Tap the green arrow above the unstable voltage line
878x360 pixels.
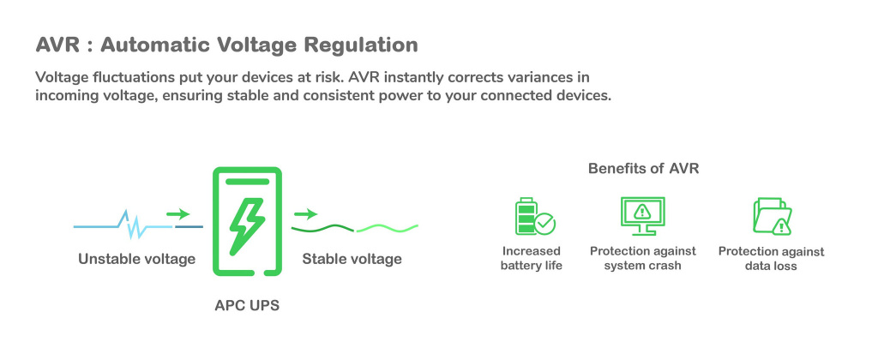click(178, 213)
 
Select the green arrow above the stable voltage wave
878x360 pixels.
click(305, 213)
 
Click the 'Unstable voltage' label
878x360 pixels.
click(137, 259)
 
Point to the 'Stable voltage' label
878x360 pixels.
click(352, 259)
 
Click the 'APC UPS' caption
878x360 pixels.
click(247, 304)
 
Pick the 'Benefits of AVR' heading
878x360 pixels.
click(643, 169)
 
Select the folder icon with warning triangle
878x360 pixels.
click(771, 216)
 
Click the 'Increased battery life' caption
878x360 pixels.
click(532, 258)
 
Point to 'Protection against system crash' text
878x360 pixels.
click(643, 258)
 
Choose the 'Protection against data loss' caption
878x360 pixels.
click(771, 259)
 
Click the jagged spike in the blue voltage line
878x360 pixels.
click(131, 225)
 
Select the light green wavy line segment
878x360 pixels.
click(387, 228)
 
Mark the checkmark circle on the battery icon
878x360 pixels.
click(545, 225)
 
